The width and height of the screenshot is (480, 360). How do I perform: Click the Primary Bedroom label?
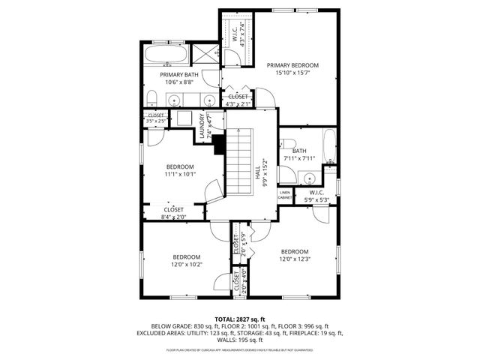click(292, 66)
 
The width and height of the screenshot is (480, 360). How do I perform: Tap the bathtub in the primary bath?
click(166, 55)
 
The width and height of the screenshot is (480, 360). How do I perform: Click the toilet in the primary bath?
click(151, 97)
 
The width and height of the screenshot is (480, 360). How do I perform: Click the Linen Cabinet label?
click(285, 195)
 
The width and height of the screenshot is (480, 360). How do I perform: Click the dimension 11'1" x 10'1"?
click(180, 175)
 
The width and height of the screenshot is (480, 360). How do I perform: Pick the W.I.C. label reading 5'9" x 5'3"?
click(315, 196)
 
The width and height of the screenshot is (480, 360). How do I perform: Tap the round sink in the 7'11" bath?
click(307, 178)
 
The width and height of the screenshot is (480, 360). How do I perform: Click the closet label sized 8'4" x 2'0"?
click(173, 213)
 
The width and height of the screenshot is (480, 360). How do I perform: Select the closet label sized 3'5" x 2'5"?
click(156, 118)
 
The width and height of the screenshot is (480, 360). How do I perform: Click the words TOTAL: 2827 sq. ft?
click(240, 319)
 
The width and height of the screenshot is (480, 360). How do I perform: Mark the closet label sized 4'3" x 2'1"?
click(238, 100)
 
